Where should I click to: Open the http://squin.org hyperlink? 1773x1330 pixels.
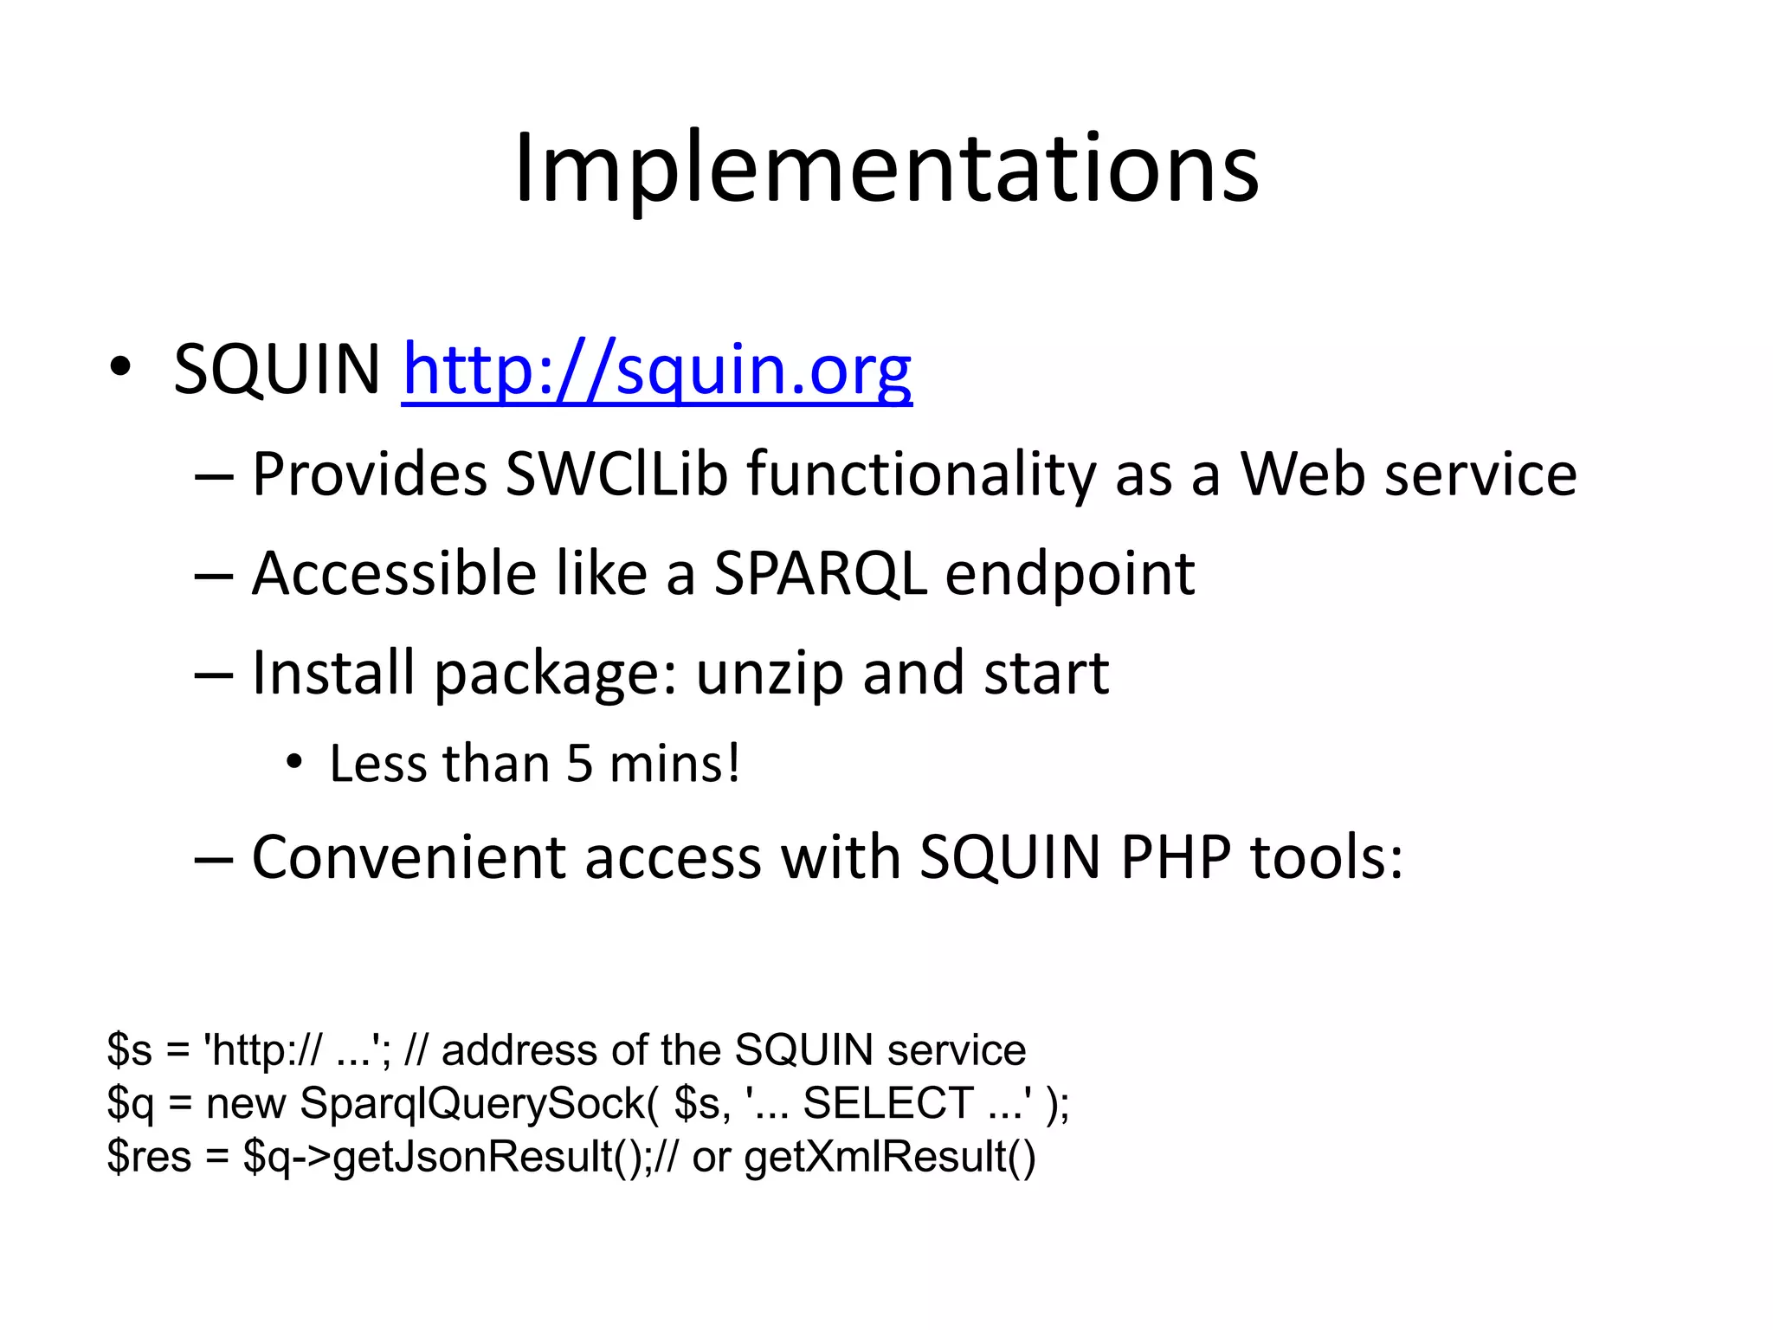click(657, 370)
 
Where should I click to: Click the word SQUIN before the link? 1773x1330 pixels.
click(277, 370)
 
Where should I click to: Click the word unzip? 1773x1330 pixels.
click(770, 675)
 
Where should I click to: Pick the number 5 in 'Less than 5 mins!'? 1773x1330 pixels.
click(579, 765)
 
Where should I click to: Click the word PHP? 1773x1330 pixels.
click(1175, 858)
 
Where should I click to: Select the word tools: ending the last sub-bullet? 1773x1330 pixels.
click(1326, 858)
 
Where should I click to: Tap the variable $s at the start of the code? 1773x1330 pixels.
click(130, 1051)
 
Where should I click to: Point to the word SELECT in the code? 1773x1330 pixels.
click(888, 1104)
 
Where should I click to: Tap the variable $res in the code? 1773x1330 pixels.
click(149, 1158)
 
